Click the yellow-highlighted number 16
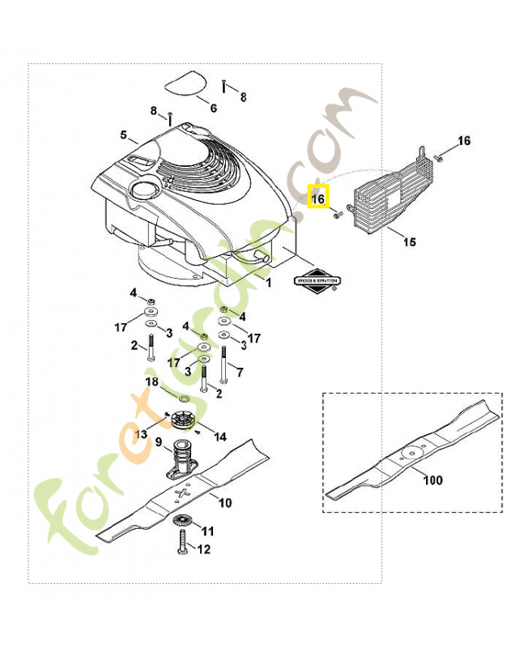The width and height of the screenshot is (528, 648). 318,197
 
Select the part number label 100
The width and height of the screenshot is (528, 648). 433,480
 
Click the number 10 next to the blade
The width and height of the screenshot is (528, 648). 224,503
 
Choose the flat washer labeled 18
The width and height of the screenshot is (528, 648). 182,399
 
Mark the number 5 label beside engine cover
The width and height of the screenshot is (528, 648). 124,134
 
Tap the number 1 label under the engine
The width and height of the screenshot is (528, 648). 270,281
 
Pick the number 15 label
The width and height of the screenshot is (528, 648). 409,241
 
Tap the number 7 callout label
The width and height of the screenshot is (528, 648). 240,372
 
